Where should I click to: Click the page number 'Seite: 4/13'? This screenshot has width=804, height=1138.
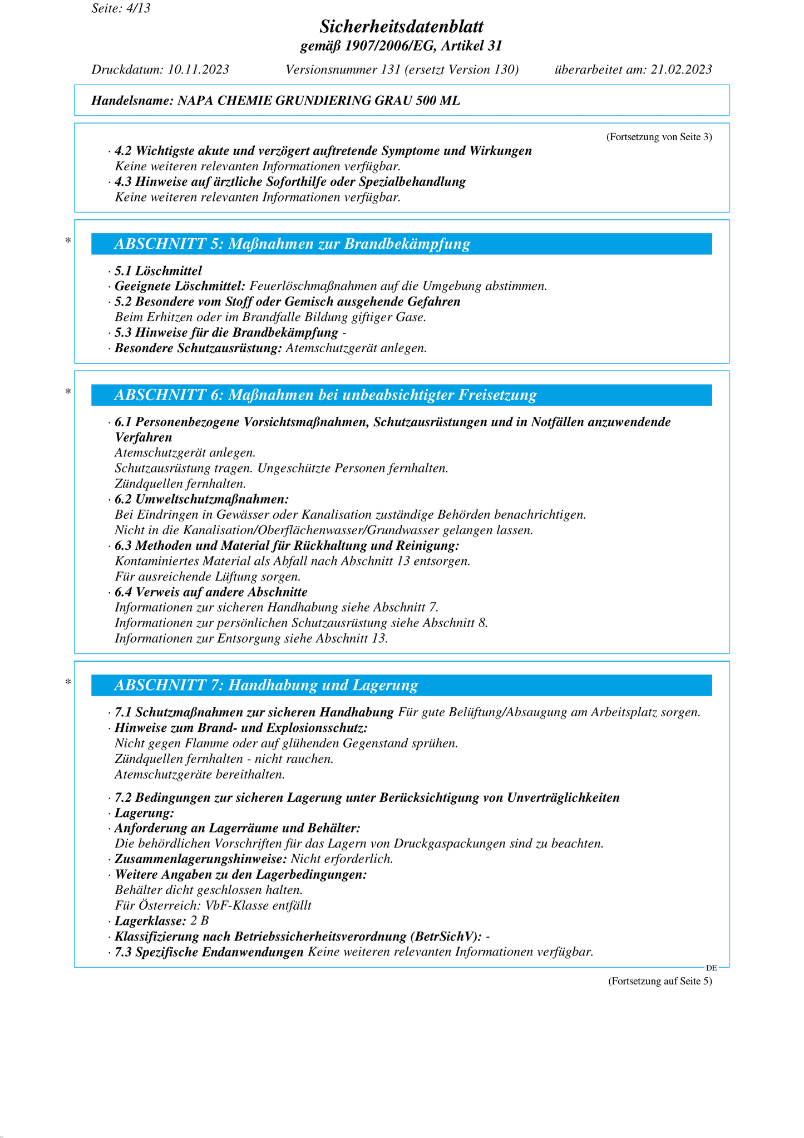pyautogui.click(x=121, y=8)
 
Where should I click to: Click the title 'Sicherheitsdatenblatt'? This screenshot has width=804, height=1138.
pyautogui.click(x=402, y=26)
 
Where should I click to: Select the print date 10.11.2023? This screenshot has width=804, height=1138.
pyautogui.click(x=198, y=70)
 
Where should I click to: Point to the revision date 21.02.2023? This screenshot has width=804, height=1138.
pyautogui.click(x=681, y=70)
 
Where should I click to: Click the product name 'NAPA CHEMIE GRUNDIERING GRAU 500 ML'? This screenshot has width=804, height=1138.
pyautogui.click(x=319, y=101)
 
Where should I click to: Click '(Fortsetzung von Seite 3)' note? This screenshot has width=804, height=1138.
pyautogui.click(x=659, y=137)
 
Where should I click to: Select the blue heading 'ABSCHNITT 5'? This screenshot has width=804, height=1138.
pyautogui.click(x=292, y=244)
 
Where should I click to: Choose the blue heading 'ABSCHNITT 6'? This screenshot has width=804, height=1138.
pyautogui.click(x=325, y=395)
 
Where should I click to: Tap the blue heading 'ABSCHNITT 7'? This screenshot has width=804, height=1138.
pyautogui.click(x=266, y=685)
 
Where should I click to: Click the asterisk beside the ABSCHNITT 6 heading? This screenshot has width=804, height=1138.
pyautogui.click(x=68, y=392)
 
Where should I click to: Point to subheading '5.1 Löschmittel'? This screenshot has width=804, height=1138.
pyautogui.click(x=158, y=271)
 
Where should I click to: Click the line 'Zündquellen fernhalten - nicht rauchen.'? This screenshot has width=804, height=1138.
pyautogui.click(x=224, y=758)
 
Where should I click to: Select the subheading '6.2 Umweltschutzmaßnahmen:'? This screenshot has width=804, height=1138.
pyautogui.click(x=201, y=499)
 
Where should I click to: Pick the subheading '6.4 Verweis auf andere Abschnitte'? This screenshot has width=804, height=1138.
pyautogui.click(x=211, y=592)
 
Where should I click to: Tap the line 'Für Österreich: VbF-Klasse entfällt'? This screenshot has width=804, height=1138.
pyautogui.click(x=213, y=905)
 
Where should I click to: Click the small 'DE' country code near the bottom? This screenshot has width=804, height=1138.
pyautogui.click(x=711, y=968)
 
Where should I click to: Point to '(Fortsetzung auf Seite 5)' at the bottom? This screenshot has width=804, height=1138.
pyautogui.click(x=660, y=981)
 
